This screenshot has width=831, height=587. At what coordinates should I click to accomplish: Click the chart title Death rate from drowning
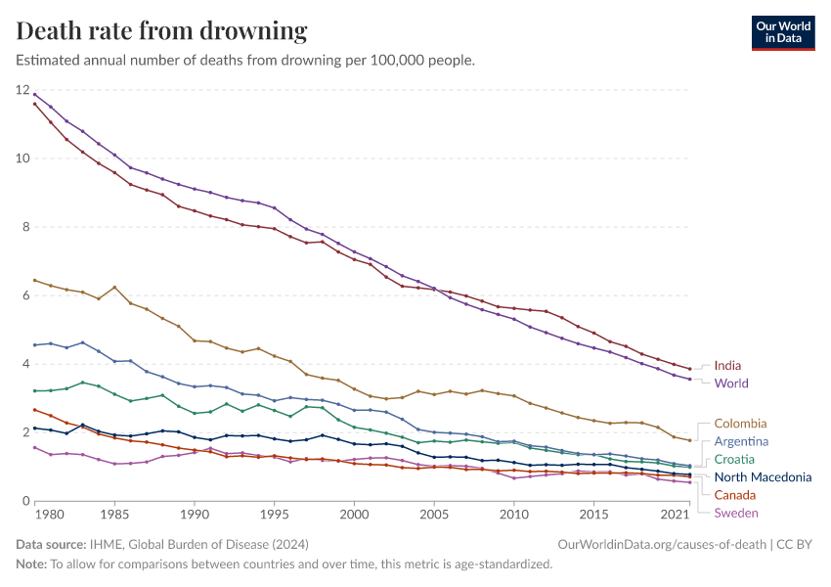[x=162, y=31]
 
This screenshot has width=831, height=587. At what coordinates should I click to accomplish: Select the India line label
[x=727, y=366]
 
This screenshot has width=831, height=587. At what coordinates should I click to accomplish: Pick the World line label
[x=731, y=384]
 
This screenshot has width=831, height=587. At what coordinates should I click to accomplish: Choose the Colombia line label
[x=740, y=424]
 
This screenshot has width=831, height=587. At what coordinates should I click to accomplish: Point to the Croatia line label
[x=734, y=459]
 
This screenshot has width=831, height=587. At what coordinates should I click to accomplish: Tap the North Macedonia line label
[x=763, y=477]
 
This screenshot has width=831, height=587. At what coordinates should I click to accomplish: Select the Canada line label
[x=735, y=495]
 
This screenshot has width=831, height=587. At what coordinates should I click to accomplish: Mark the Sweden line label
[x=735, y=513]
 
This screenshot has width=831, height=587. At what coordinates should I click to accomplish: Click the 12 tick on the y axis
[x=22, y=90]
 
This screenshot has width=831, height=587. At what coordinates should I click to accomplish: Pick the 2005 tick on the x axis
[x=434, y=514]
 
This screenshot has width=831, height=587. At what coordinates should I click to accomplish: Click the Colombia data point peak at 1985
[x=114, y=288]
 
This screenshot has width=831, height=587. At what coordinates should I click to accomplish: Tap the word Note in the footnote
[x=32, y=564]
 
